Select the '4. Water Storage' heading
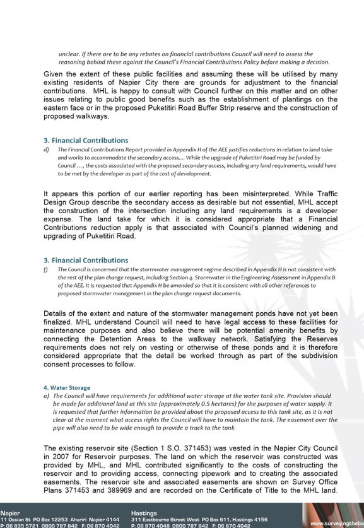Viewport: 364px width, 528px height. click(x=67, y=387)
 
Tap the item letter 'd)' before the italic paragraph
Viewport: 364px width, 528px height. click(x=46, y=150)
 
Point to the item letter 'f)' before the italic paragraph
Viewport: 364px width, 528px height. click(x=45, y=269)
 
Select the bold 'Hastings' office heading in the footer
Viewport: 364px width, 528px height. click(x=144, y=513)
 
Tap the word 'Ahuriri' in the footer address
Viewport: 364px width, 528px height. click(x=79, y=520)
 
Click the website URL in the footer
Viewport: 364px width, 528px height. click(x=337, y=524)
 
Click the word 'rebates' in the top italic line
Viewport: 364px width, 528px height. click(x=158, y=54)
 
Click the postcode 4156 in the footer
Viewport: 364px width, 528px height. click(x=261, y=520)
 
